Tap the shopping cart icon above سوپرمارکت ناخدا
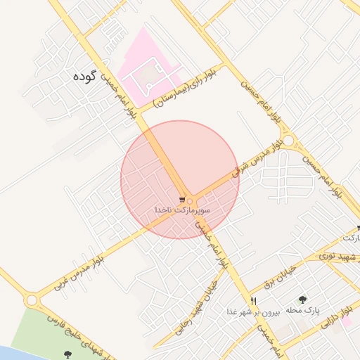click(x=183, y=200)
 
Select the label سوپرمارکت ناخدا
click(x=183, y=210)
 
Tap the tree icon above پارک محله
click(x=303, y=300)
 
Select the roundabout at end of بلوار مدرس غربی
click(x=30, y=300)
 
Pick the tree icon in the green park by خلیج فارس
click(x=67, y=354)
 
